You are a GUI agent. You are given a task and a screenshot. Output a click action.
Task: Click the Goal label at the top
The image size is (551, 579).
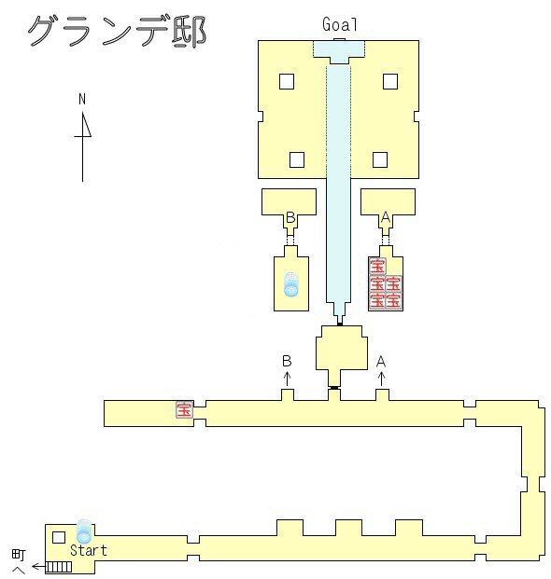click(340, 25)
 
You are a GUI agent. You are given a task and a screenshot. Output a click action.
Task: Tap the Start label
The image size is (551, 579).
click(89, 550)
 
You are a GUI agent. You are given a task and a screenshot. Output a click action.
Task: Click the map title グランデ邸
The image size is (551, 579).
click(117, 32)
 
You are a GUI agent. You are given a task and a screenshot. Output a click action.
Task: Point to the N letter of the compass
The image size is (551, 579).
click(82, 99)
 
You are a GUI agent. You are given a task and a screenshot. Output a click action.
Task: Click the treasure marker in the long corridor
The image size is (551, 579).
click(184, 409)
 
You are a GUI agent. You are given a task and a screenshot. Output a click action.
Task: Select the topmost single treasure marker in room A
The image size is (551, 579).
click(377, 266)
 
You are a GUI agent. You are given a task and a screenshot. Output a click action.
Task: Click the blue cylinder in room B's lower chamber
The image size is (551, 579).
click(291, 285)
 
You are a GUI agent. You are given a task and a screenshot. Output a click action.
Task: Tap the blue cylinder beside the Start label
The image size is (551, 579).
click(84, 531)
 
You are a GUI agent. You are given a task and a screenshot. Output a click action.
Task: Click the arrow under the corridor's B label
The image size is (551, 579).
click(287, 379)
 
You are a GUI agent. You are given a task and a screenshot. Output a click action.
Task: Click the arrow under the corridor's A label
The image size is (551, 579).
click(382, 379)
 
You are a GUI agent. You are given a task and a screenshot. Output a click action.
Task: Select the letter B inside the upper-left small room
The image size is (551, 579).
click(290, 217)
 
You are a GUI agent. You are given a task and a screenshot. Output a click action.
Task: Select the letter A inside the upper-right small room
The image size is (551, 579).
click(386, 217)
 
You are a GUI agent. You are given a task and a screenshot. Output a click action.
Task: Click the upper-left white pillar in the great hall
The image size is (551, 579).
click(287, 82)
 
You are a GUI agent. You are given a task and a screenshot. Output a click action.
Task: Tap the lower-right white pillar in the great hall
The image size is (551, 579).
click(380, 159)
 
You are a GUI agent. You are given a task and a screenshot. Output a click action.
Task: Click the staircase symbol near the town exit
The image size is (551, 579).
click(59, 567)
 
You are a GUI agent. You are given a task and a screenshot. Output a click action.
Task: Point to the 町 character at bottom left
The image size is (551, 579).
click(19, 555)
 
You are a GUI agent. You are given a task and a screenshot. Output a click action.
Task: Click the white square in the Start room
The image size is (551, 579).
click(59, 538)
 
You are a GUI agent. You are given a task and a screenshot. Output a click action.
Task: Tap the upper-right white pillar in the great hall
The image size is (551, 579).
click(390, 82)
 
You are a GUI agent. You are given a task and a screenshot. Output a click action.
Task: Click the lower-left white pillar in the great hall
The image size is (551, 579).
click(297, 159)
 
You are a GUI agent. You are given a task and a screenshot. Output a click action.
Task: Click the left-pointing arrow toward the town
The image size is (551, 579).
click(38, 566)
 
